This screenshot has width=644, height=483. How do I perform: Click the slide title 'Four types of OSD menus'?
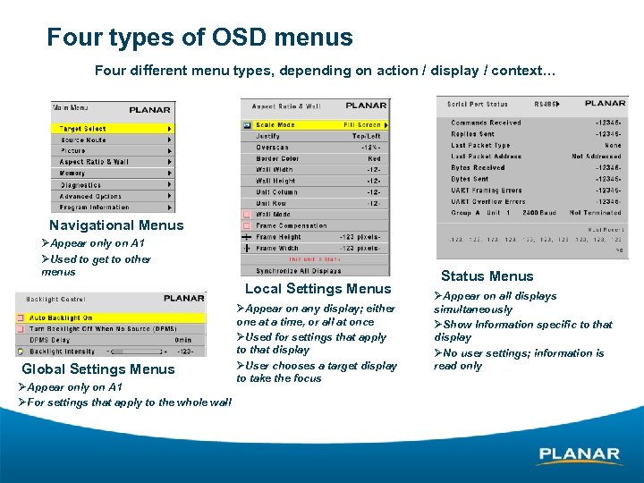pos(199,38)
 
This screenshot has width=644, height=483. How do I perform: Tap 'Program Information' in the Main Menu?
pos(95,208)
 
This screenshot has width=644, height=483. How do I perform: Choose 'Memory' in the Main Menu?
pos(72,174)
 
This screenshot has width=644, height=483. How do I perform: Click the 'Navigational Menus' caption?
pos(116,225)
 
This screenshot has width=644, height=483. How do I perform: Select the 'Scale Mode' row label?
pos(275,125)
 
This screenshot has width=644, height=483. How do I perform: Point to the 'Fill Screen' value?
pos(362,125)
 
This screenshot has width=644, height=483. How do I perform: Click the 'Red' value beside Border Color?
pos(374,158)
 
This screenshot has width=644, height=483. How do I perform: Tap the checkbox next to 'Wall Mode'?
pos(246,215)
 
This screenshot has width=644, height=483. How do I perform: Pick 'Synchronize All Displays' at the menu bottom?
pos(298,270)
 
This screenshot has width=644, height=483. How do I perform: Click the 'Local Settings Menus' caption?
pos(318,288)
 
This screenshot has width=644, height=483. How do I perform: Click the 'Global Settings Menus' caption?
pos(97,369)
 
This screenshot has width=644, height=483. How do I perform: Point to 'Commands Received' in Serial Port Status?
pos(486,123)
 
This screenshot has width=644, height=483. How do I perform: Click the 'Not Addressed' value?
pos(596,156)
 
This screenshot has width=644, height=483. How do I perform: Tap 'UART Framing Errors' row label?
pos(487,191)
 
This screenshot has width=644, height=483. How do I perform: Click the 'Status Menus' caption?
pos(487,276)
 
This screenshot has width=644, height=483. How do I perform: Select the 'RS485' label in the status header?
pos(544,104)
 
